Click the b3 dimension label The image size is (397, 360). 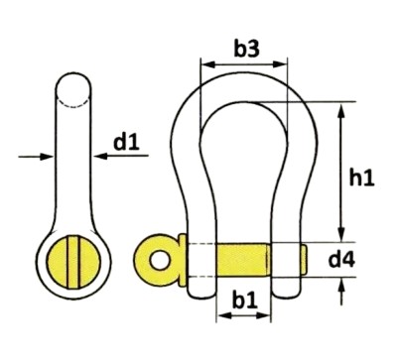coord(247,50)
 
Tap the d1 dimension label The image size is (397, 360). coord(126,143)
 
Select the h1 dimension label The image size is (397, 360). coord(362,179)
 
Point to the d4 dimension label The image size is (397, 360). coord(341,260)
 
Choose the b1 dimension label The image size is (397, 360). coord(245,300)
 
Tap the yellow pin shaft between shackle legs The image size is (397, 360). coord(243,261)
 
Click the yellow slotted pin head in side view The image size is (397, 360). coord(73,261)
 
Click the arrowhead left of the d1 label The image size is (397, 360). coord(101,156)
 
